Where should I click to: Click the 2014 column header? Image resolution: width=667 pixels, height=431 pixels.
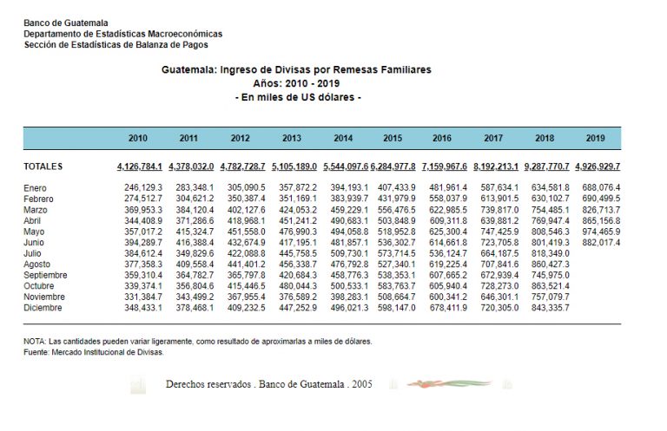342,138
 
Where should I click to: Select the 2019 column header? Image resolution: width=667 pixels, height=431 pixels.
595,138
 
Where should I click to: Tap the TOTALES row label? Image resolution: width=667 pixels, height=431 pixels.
43,167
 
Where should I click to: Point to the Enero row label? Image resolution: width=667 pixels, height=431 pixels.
37,187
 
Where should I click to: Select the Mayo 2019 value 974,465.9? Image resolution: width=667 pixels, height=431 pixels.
602,232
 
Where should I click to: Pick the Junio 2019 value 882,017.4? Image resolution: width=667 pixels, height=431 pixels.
602,243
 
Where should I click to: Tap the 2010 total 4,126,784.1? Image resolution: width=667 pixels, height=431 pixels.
138,167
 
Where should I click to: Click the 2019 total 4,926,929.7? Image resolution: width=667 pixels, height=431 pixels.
598,167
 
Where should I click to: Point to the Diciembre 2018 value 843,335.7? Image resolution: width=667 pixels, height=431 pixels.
551,308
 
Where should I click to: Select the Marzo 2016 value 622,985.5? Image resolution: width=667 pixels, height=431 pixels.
449,210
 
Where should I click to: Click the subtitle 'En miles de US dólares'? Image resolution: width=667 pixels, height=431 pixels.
298,97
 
